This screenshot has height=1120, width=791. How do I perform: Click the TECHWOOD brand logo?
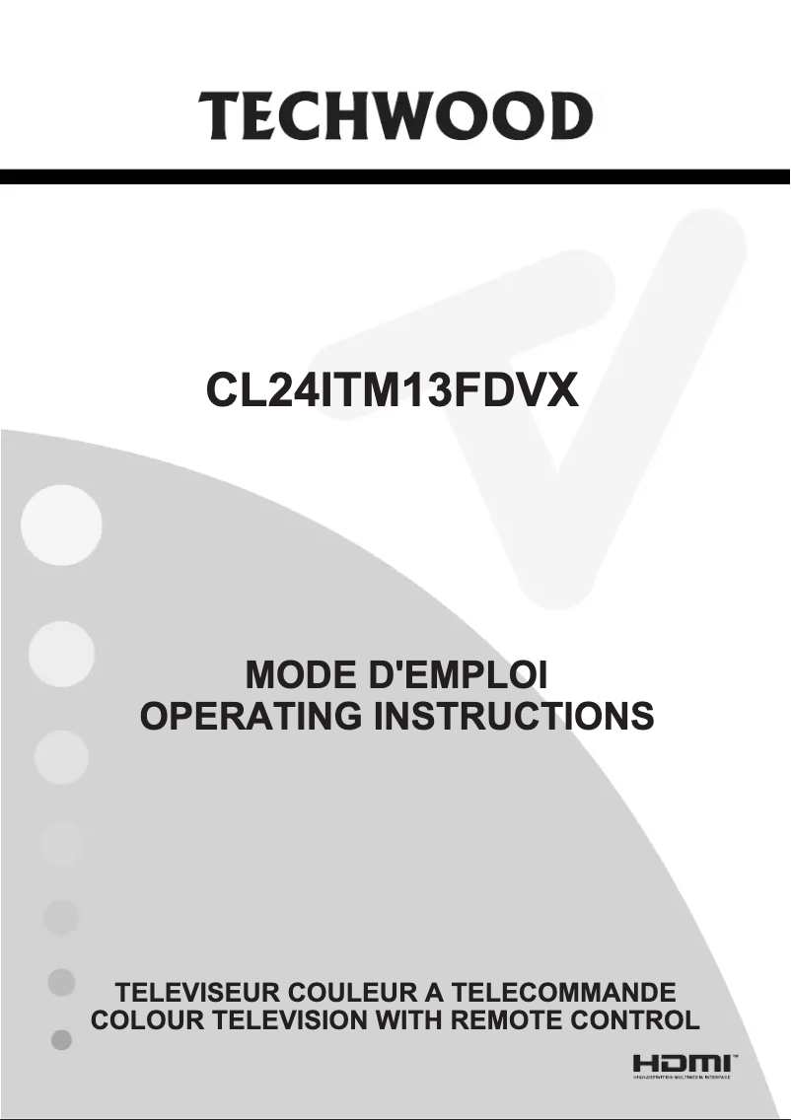395,117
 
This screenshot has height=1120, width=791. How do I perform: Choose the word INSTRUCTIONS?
513,716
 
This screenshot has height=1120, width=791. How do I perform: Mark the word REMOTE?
510,1019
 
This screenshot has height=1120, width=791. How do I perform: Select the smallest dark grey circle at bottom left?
61,1040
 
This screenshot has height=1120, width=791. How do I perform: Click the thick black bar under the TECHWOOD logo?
395,177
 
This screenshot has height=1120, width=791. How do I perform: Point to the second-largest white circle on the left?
61,651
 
